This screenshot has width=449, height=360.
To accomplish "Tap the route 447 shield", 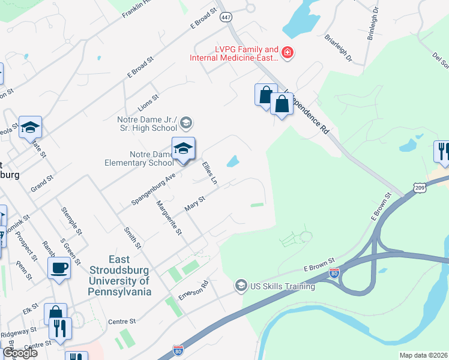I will pyautogui.click(x=226, y=18).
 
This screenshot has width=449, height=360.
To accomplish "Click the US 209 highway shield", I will pyautogui.click(x=419, y=188).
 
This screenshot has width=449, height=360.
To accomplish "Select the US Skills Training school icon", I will pyautogui.click(x=241, y=284).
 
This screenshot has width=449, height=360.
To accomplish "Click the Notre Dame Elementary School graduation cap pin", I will pyautogui.click(x=184, y=149).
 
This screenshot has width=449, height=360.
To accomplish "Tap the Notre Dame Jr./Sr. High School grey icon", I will pyautogui.click(x=186, y=124).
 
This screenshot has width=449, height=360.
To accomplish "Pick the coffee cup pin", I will pyautogui.click(x=59, y=268).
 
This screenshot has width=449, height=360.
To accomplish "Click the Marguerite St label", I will pyautogui.click(x=169, y=221).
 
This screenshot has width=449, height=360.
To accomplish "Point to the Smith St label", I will pyautogui.click(x=133, y=237).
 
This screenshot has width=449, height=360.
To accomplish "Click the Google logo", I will pyautogui.click(x=19, y=353).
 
